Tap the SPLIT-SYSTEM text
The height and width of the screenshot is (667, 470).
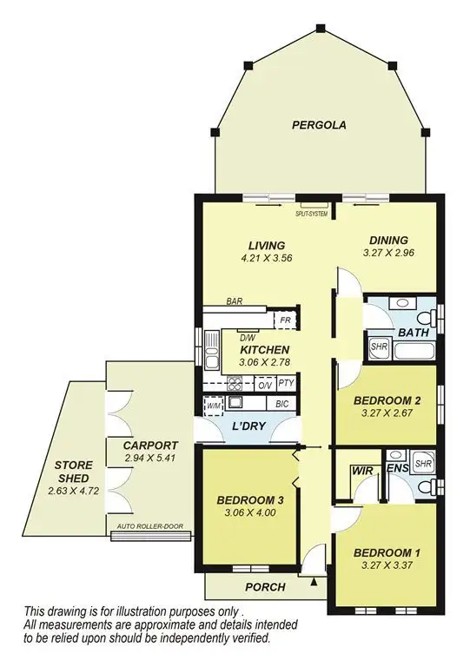(x=312, y=213)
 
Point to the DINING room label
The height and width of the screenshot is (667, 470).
(x=388, y=241)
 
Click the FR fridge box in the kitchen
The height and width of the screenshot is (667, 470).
(x=284, y=320)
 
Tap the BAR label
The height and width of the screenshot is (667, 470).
(x=234, y=302)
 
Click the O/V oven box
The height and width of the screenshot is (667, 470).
(x=265, y=384)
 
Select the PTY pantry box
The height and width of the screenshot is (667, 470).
(x=287, y=384)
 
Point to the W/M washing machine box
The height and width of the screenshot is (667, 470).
(x=214, y=404)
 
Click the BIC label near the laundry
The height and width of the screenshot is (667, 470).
(x=281, y=404)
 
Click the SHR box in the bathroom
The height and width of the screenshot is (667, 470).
(x=379, y=347)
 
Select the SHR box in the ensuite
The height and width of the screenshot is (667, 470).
(x=422, y=464)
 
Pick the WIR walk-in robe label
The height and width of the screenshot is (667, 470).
(x=361, y=470)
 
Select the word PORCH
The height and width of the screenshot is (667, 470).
(x=265, y=587)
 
